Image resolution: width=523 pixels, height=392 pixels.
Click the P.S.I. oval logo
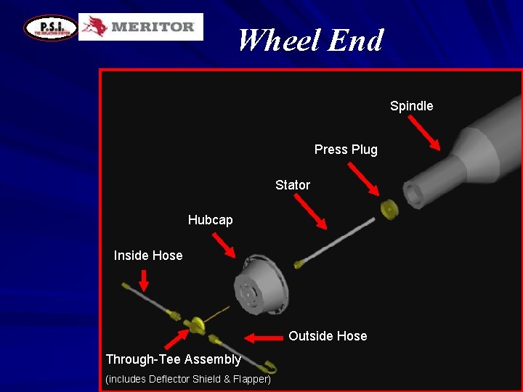(x=50, y=28)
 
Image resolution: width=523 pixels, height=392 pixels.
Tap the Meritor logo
(x=141, y=27)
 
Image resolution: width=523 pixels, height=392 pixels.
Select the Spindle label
(x=411, y=106)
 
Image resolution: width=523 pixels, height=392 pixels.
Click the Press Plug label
(x=346, y=150)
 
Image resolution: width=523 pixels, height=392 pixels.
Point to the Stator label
(x=292, y=185)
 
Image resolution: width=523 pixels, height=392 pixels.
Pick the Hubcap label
(x=210, y=219)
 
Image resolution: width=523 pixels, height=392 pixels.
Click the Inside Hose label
(x=148, y=256)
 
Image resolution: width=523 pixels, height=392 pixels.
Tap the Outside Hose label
(x=328, y=336)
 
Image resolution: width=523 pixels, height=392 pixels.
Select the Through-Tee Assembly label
(x=174, y=359)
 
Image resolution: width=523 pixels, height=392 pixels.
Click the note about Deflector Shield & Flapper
(x=188, y=379)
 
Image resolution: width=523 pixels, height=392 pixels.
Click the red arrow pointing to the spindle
(x=423, y=133)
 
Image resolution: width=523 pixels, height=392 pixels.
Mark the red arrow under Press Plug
(x=363, y=179)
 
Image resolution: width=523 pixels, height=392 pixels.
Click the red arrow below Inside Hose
(x=144, y=279)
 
